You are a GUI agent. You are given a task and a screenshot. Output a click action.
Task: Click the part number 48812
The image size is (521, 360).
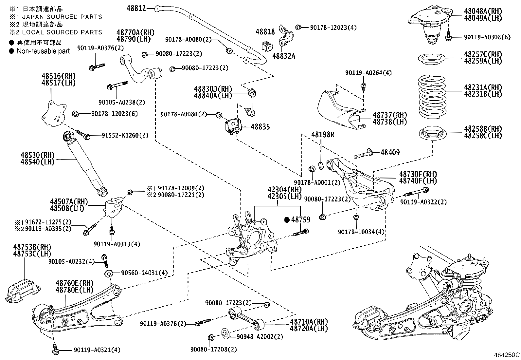136,8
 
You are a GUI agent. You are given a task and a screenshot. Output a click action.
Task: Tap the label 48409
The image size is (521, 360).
390,152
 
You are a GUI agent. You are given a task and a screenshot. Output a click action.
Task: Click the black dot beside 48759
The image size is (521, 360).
287,220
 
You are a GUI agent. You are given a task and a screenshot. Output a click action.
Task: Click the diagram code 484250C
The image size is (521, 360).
506,355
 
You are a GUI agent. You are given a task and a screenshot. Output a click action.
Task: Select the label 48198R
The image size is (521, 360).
323,135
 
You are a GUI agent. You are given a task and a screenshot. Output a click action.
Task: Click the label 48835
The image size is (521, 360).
260,127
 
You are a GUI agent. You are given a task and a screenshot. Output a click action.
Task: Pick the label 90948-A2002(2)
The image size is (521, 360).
255,336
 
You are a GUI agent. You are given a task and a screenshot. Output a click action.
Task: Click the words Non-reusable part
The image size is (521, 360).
43,51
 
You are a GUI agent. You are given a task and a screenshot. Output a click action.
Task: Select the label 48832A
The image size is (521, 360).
284,56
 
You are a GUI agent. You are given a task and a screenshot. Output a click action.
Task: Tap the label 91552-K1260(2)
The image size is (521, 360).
120,135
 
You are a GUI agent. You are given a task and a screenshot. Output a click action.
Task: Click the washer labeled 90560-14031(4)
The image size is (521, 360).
108,273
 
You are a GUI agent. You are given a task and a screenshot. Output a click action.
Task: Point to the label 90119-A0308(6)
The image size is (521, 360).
487,37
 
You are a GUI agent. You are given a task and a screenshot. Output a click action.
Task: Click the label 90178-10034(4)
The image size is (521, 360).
361,232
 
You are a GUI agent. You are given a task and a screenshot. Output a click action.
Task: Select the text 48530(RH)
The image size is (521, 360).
37,155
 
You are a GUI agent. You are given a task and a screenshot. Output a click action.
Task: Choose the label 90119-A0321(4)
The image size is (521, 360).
97,350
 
